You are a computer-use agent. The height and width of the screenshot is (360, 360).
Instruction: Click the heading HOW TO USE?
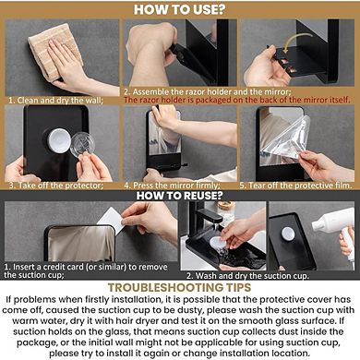(179, 10)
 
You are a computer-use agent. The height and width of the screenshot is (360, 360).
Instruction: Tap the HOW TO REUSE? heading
(179, 194)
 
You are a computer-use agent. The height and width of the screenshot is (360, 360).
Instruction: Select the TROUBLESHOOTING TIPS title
(179, 286)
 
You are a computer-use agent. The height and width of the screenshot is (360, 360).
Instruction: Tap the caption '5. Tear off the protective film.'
(295, 185)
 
